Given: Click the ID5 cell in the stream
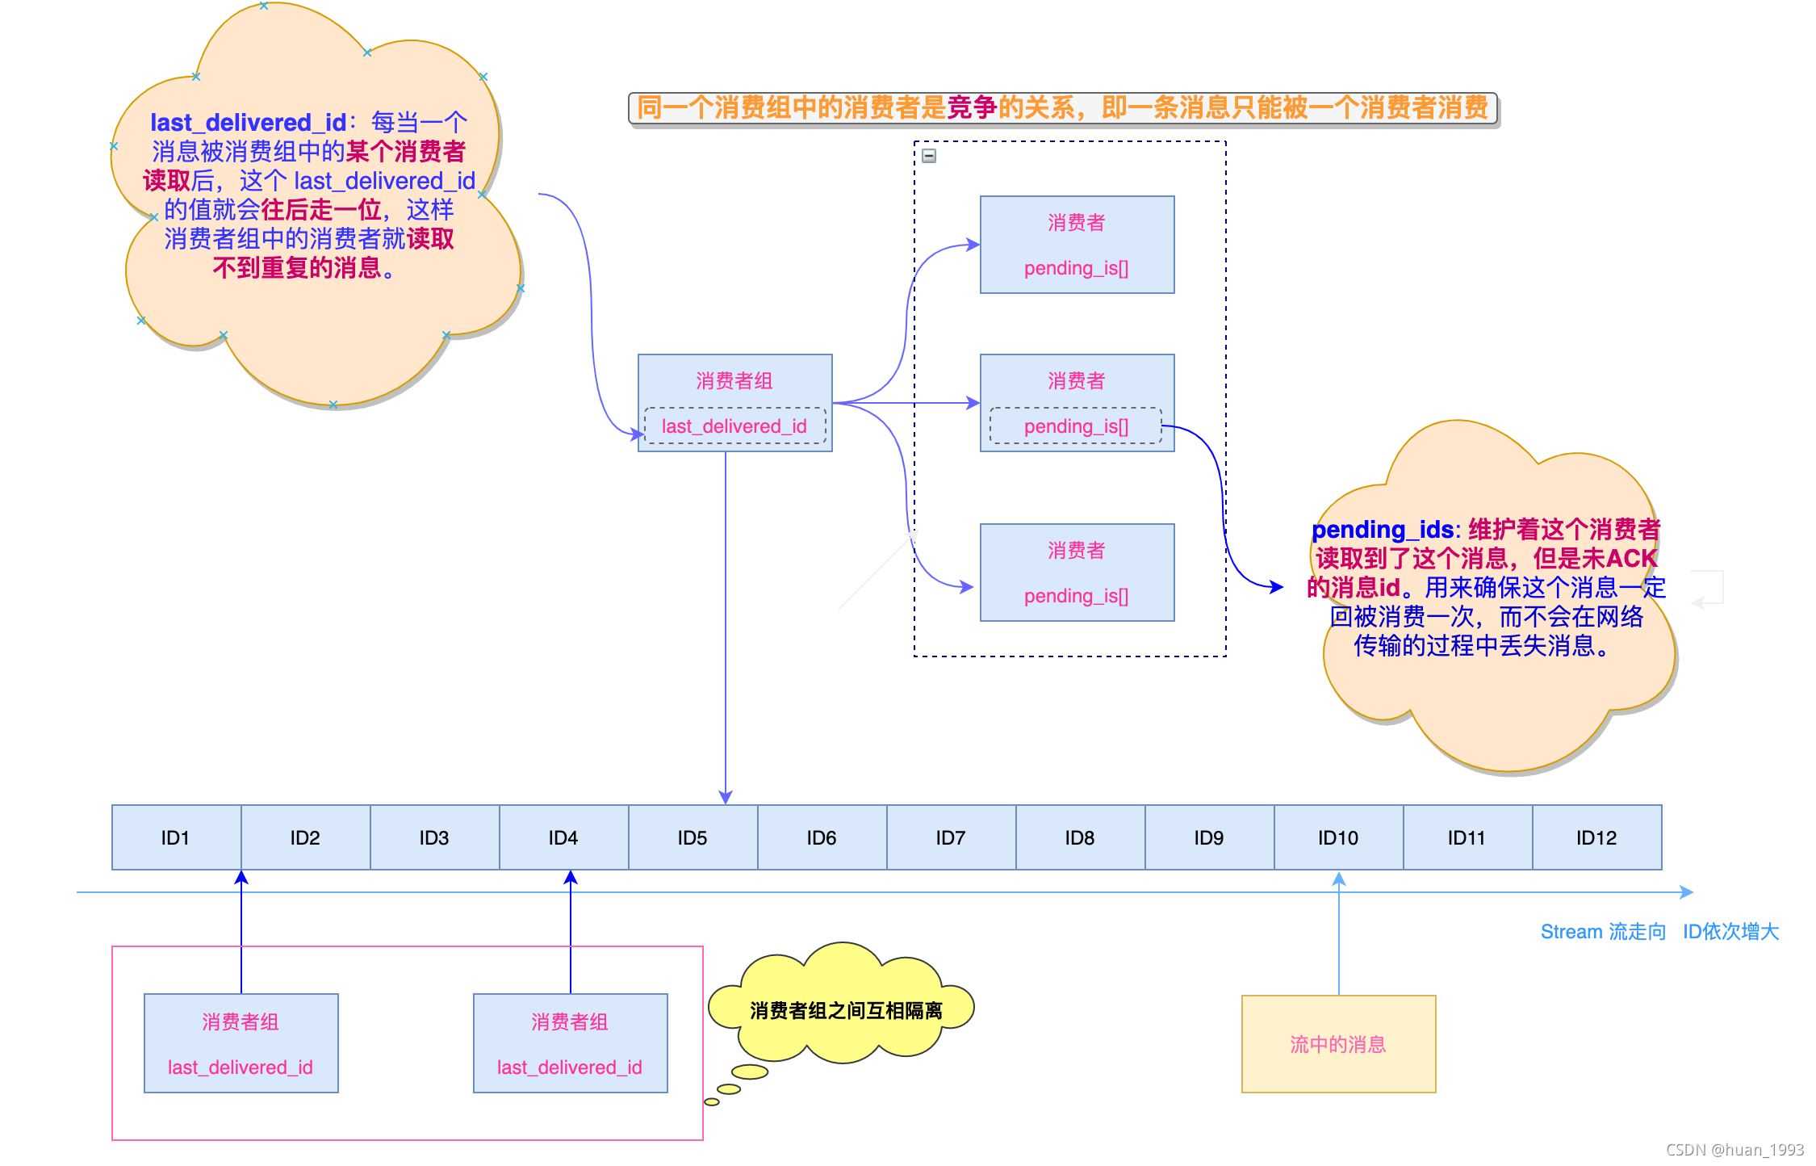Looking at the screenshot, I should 693,837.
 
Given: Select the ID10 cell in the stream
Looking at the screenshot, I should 1338,837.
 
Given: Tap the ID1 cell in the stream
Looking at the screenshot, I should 175,837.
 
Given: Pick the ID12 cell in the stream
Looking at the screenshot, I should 1596,837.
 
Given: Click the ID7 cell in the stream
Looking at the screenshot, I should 951,837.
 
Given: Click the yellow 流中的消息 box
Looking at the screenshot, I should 1338,1044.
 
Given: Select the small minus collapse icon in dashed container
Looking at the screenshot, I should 929,156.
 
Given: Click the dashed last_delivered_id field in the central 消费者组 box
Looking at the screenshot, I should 734,426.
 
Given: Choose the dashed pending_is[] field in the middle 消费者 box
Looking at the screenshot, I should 1076,426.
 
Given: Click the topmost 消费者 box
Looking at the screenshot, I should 1077,244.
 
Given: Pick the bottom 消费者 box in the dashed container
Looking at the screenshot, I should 1077,572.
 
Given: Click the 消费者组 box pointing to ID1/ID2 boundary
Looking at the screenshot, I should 241,1043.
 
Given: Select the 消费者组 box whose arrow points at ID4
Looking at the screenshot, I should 570,1043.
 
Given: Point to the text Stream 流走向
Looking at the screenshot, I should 1603,932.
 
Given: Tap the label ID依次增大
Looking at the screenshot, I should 1730,932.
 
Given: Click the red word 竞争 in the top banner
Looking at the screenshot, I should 972,107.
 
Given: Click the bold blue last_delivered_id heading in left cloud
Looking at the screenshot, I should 248,123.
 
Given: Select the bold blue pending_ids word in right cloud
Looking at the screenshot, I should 1382,530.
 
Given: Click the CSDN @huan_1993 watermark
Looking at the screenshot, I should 1734,1149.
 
